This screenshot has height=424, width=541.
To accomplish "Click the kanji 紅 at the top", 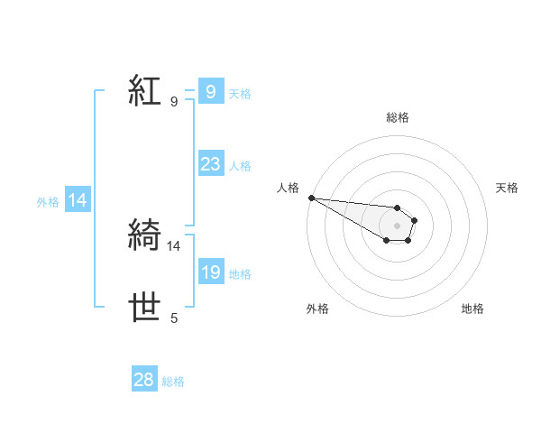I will (x=145, y=91).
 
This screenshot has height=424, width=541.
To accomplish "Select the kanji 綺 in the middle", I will (x=145, y=235).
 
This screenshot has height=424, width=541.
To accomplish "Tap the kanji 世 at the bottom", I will (x=145, y=308).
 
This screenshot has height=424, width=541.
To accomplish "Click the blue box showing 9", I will (x=210, y=91).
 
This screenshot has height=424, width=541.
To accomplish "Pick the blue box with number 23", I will (x=210, y=164).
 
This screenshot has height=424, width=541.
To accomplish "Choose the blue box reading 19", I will (x=210, y=272).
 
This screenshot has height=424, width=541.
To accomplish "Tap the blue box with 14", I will (x=78, y=201).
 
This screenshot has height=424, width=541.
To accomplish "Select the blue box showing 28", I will (x=144, y=380).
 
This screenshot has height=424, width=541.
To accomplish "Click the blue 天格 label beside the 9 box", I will (x=240, y=93).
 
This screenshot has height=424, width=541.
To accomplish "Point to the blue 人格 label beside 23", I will (x=240, y=166).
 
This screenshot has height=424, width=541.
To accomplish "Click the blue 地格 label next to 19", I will (x=240, y=274).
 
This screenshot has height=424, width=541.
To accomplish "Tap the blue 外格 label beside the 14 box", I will (x=48, y=203).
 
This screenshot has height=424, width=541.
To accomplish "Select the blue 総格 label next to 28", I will (x=173, y=382).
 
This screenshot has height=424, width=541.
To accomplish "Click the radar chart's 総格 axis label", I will (x=398, y=117).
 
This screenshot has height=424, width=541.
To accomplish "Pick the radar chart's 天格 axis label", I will (x=508, y=188).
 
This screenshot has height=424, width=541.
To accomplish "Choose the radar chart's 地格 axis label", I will (x=472, y=309).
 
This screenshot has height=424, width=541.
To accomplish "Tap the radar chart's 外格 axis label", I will (x=317, y=309).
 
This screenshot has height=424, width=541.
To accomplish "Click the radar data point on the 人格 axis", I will (x=311, y=198).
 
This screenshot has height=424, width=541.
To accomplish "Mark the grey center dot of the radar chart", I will (x=397, y=226).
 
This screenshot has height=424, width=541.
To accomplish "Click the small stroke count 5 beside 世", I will (x=174, y=318).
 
